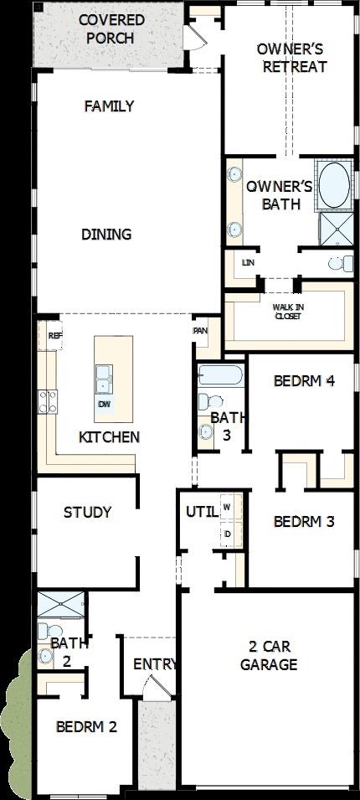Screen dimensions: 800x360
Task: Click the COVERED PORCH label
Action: click(111, 28)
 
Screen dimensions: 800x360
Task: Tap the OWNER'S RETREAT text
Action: click(291, 58)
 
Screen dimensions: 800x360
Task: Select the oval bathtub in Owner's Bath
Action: click(337, 186)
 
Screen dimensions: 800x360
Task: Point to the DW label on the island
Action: click(105, 405)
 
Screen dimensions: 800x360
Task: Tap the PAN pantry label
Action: click(200, 330)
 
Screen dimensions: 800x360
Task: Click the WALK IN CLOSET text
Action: click(288, 312)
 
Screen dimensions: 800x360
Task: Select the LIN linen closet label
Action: click(247, 263)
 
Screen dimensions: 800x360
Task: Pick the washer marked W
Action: click(227, 508)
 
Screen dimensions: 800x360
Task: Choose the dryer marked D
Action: click(227, 534)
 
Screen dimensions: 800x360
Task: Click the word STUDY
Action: click(87, 512)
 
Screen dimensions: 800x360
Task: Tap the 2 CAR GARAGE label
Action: click(269, 656)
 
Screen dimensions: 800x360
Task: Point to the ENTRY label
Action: click(156, 664)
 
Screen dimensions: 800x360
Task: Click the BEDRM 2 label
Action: click(86, 726)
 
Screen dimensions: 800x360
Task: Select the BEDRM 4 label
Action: click(304, 380)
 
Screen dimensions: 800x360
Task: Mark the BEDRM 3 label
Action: click(304, 521)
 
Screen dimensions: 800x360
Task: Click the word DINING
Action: click(106, 235)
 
